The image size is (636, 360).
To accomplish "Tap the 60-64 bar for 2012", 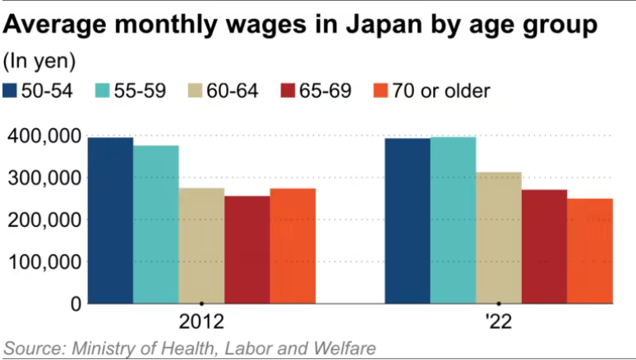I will [201, 246].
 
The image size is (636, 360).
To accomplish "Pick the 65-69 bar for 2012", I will [247, 250].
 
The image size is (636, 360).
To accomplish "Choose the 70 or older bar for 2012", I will [293, 246].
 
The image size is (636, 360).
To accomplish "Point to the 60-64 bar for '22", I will [499, 238].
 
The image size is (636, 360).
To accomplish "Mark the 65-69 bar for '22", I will [545, 247].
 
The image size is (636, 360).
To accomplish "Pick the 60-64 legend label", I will [235, 90].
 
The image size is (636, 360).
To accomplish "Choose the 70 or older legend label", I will [440, 90].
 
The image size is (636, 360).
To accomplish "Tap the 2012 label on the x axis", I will [201, 321].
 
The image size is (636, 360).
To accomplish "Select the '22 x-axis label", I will [499, 321].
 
